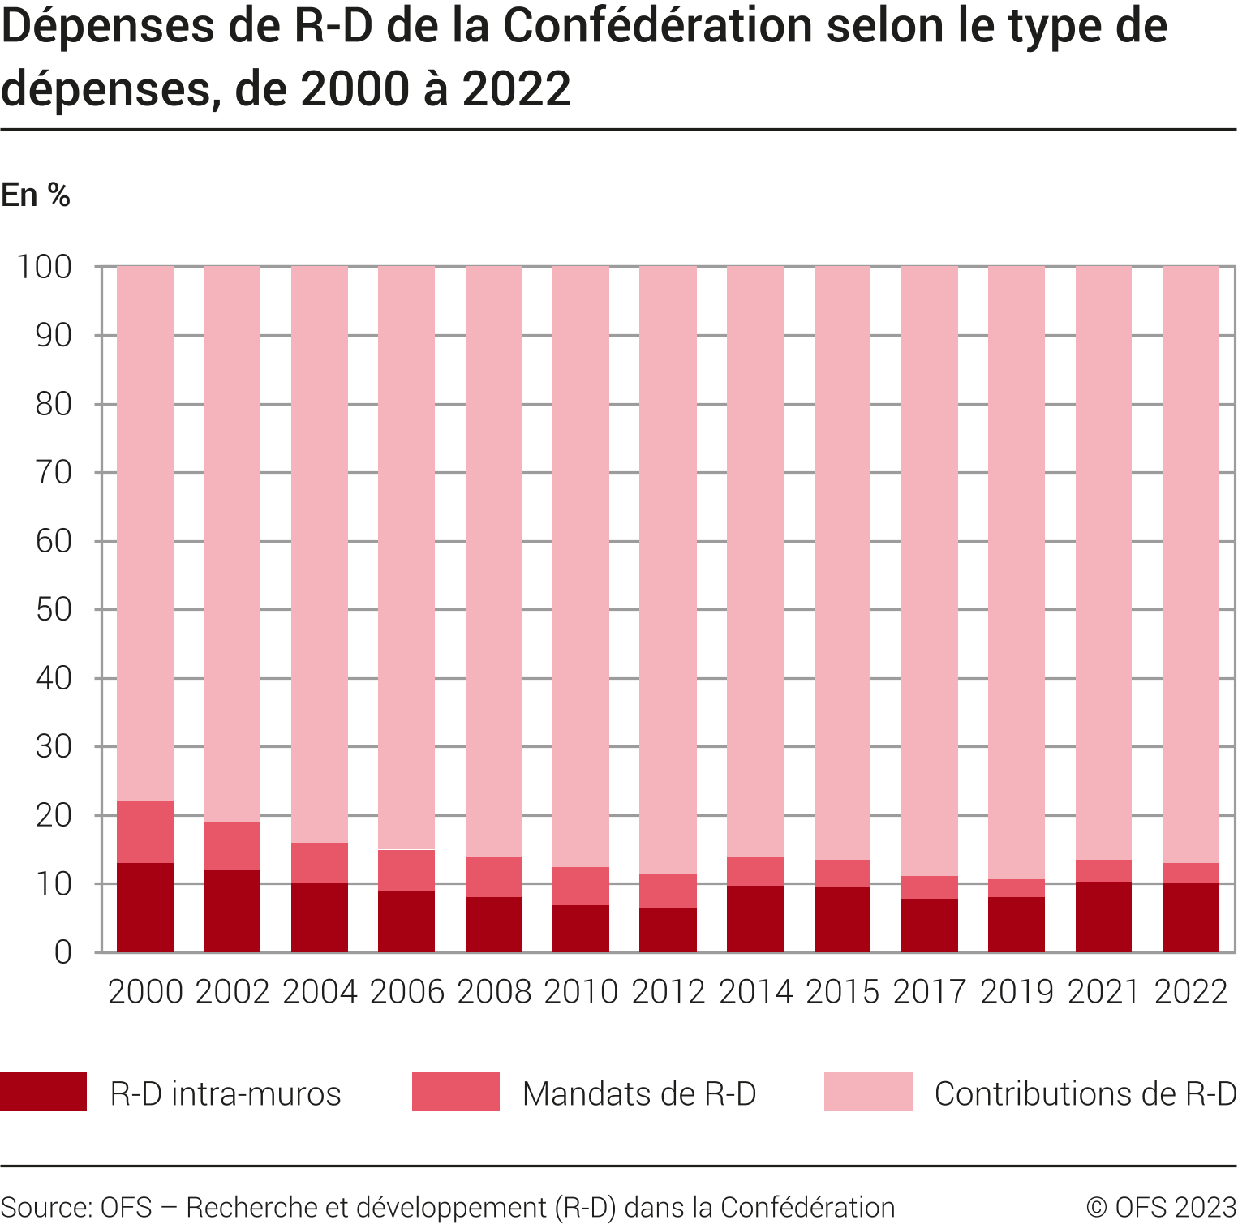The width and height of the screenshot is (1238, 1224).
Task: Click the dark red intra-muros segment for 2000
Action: (x=145, y=907)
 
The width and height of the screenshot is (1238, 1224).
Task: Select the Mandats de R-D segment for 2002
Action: (x=232, y=846)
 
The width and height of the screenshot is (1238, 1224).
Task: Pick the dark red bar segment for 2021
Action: (x=1103, y=917)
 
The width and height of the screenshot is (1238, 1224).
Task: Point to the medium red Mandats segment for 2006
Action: (x=406, y=870)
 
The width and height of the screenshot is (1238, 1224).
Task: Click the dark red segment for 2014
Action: (x=755, y=918)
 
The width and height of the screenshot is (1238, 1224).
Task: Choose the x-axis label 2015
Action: (x=842, y=992)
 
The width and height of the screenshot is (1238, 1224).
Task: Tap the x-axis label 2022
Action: (x=1191, y=992)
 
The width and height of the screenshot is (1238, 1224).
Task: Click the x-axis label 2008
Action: (x=493, y=992)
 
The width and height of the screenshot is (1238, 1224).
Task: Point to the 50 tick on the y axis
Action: (x=54, y=610)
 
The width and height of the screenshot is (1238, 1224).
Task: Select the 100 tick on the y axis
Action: (x=45, y=267)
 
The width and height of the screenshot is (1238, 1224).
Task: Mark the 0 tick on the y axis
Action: (x=62, y=952)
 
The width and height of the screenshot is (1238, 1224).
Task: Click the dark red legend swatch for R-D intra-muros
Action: (x=44, y=1092)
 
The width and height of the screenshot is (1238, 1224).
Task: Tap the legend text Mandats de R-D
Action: (x=639, y=1093)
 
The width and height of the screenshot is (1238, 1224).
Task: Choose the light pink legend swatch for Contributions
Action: (x=868, y=1092)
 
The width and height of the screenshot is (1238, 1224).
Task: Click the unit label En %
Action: (x=36, y=195)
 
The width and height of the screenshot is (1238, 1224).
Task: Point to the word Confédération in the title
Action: (x=658, y=26)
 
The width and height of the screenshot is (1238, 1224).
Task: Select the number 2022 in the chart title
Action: (x=517, y=89)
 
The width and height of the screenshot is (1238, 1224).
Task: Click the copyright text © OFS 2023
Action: (x=1161, y=1207)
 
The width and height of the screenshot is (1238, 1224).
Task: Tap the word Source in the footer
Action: (x=45, y=1207)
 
